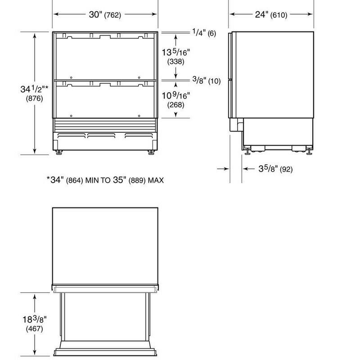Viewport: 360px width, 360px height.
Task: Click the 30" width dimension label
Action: [95, 14]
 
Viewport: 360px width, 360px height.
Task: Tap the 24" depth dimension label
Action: [261, 14]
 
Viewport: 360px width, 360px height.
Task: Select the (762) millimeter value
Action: [112, 15]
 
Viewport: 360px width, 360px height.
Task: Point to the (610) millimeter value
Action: [279, 15]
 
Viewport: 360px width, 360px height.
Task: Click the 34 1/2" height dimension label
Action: [35, 89]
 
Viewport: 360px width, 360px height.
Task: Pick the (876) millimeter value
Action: [35, 99]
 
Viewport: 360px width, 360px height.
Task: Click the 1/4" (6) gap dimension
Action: [204, 32]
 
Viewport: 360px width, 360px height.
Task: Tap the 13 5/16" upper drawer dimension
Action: [176, 52]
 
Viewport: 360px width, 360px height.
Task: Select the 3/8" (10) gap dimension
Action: [207, 81]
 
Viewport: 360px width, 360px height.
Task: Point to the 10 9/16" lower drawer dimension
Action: [176, 95]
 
